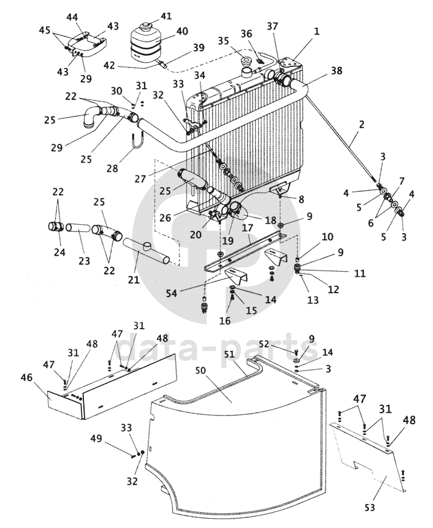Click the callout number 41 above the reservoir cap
point(166,16)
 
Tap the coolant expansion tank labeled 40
point(145,41)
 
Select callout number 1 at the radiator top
point(316,31)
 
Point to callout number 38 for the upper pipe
point(336,71)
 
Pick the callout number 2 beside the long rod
point(361,124)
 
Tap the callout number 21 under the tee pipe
point(133,279)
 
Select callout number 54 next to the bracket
point(171,293)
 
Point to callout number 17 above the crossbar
point(247,228)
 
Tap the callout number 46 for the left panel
point(27,378)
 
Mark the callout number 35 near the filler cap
point(223,41)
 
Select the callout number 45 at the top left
point(45,30)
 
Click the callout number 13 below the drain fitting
point(312,300)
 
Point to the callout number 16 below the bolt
point(224,321)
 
